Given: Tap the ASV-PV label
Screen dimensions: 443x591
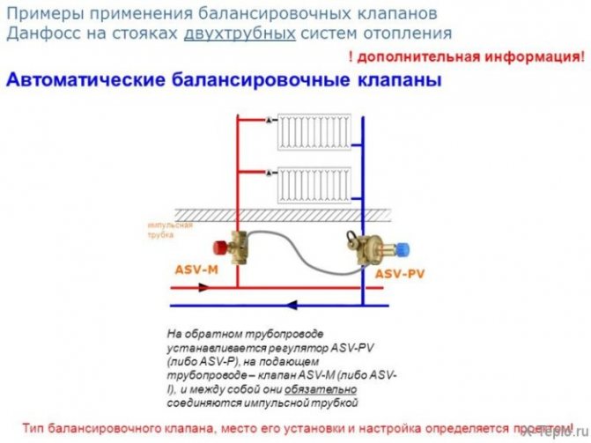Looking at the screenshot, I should (400, 274).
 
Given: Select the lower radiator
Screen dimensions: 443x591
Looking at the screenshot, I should (313, 184).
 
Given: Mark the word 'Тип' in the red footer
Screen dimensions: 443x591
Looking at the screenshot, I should (34, 428).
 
